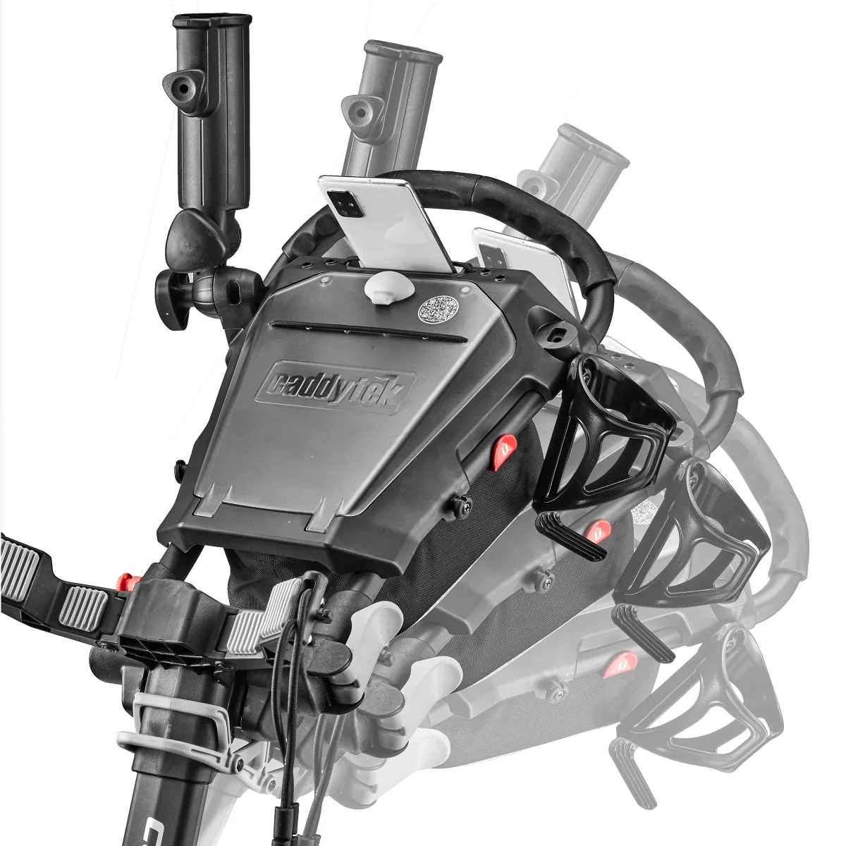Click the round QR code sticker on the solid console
pos(439,307)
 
